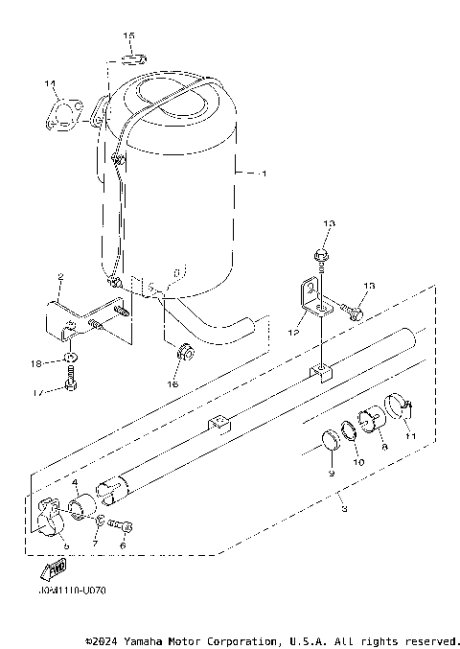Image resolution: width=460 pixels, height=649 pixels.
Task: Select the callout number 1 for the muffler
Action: [x=264, y=174]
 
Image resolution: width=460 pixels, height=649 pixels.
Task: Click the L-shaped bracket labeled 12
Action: [x=310, y=297]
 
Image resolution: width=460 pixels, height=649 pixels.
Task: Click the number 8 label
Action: [x=383, y=446]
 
